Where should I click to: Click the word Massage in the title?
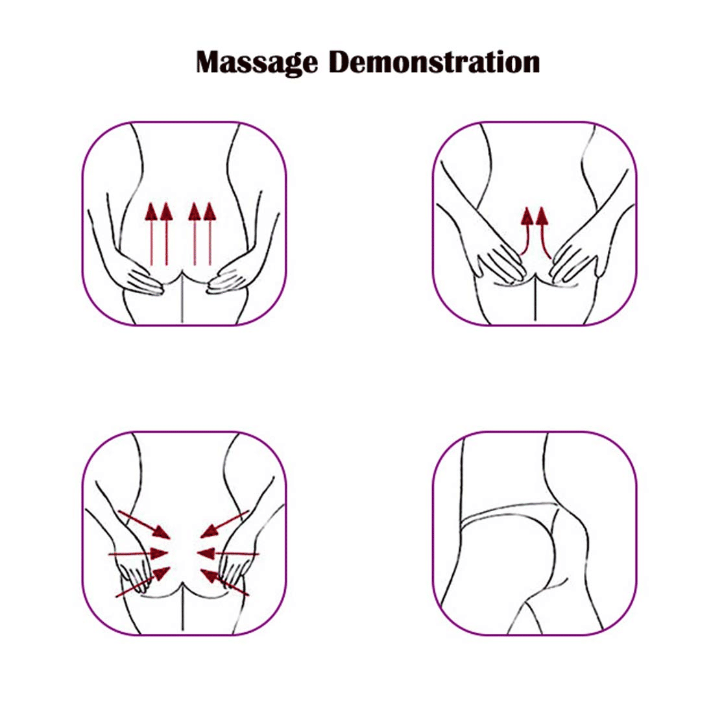(x=257, y=62)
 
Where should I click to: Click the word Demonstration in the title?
(x=435, y=62)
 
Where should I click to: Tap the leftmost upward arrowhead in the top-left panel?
(x=151, y=211)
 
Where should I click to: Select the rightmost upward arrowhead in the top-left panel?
(x=210, y=211)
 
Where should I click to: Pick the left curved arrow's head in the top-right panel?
(x=527, y=216)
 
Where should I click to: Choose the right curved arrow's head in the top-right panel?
(x=542, y=216)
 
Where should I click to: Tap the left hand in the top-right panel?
(x=501, y=263)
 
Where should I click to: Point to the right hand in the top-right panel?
(x=573, y=263)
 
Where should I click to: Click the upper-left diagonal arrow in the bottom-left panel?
(x=144, y=525)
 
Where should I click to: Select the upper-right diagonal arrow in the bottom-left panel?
(x=224, y=524)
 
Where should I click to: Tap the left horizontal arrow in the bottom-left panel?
(x=138, y=553)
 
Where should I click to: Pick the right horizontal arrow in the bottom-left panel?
(x=228, y=553)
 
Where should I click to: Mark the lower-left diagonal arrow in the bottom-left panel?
(x=143, y=582)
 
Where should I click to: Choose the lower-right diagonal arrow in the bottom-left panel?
(x=224, y=582)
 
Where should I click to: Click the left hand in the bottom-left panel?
(x=134, y=573)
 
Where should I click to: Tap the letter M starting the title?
(x=210, y=62)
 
